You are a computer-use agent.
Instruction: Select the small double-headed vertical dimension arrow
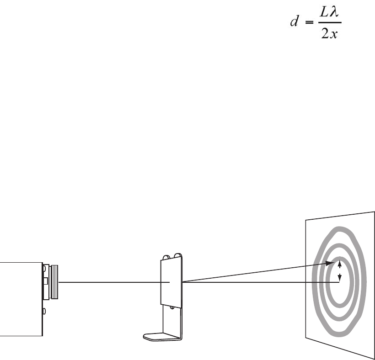(339, 270)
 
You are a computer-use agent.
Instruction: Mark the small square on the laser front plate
(46, 281)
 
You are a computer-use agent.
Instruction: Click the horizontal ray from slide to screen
(261, 282)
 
